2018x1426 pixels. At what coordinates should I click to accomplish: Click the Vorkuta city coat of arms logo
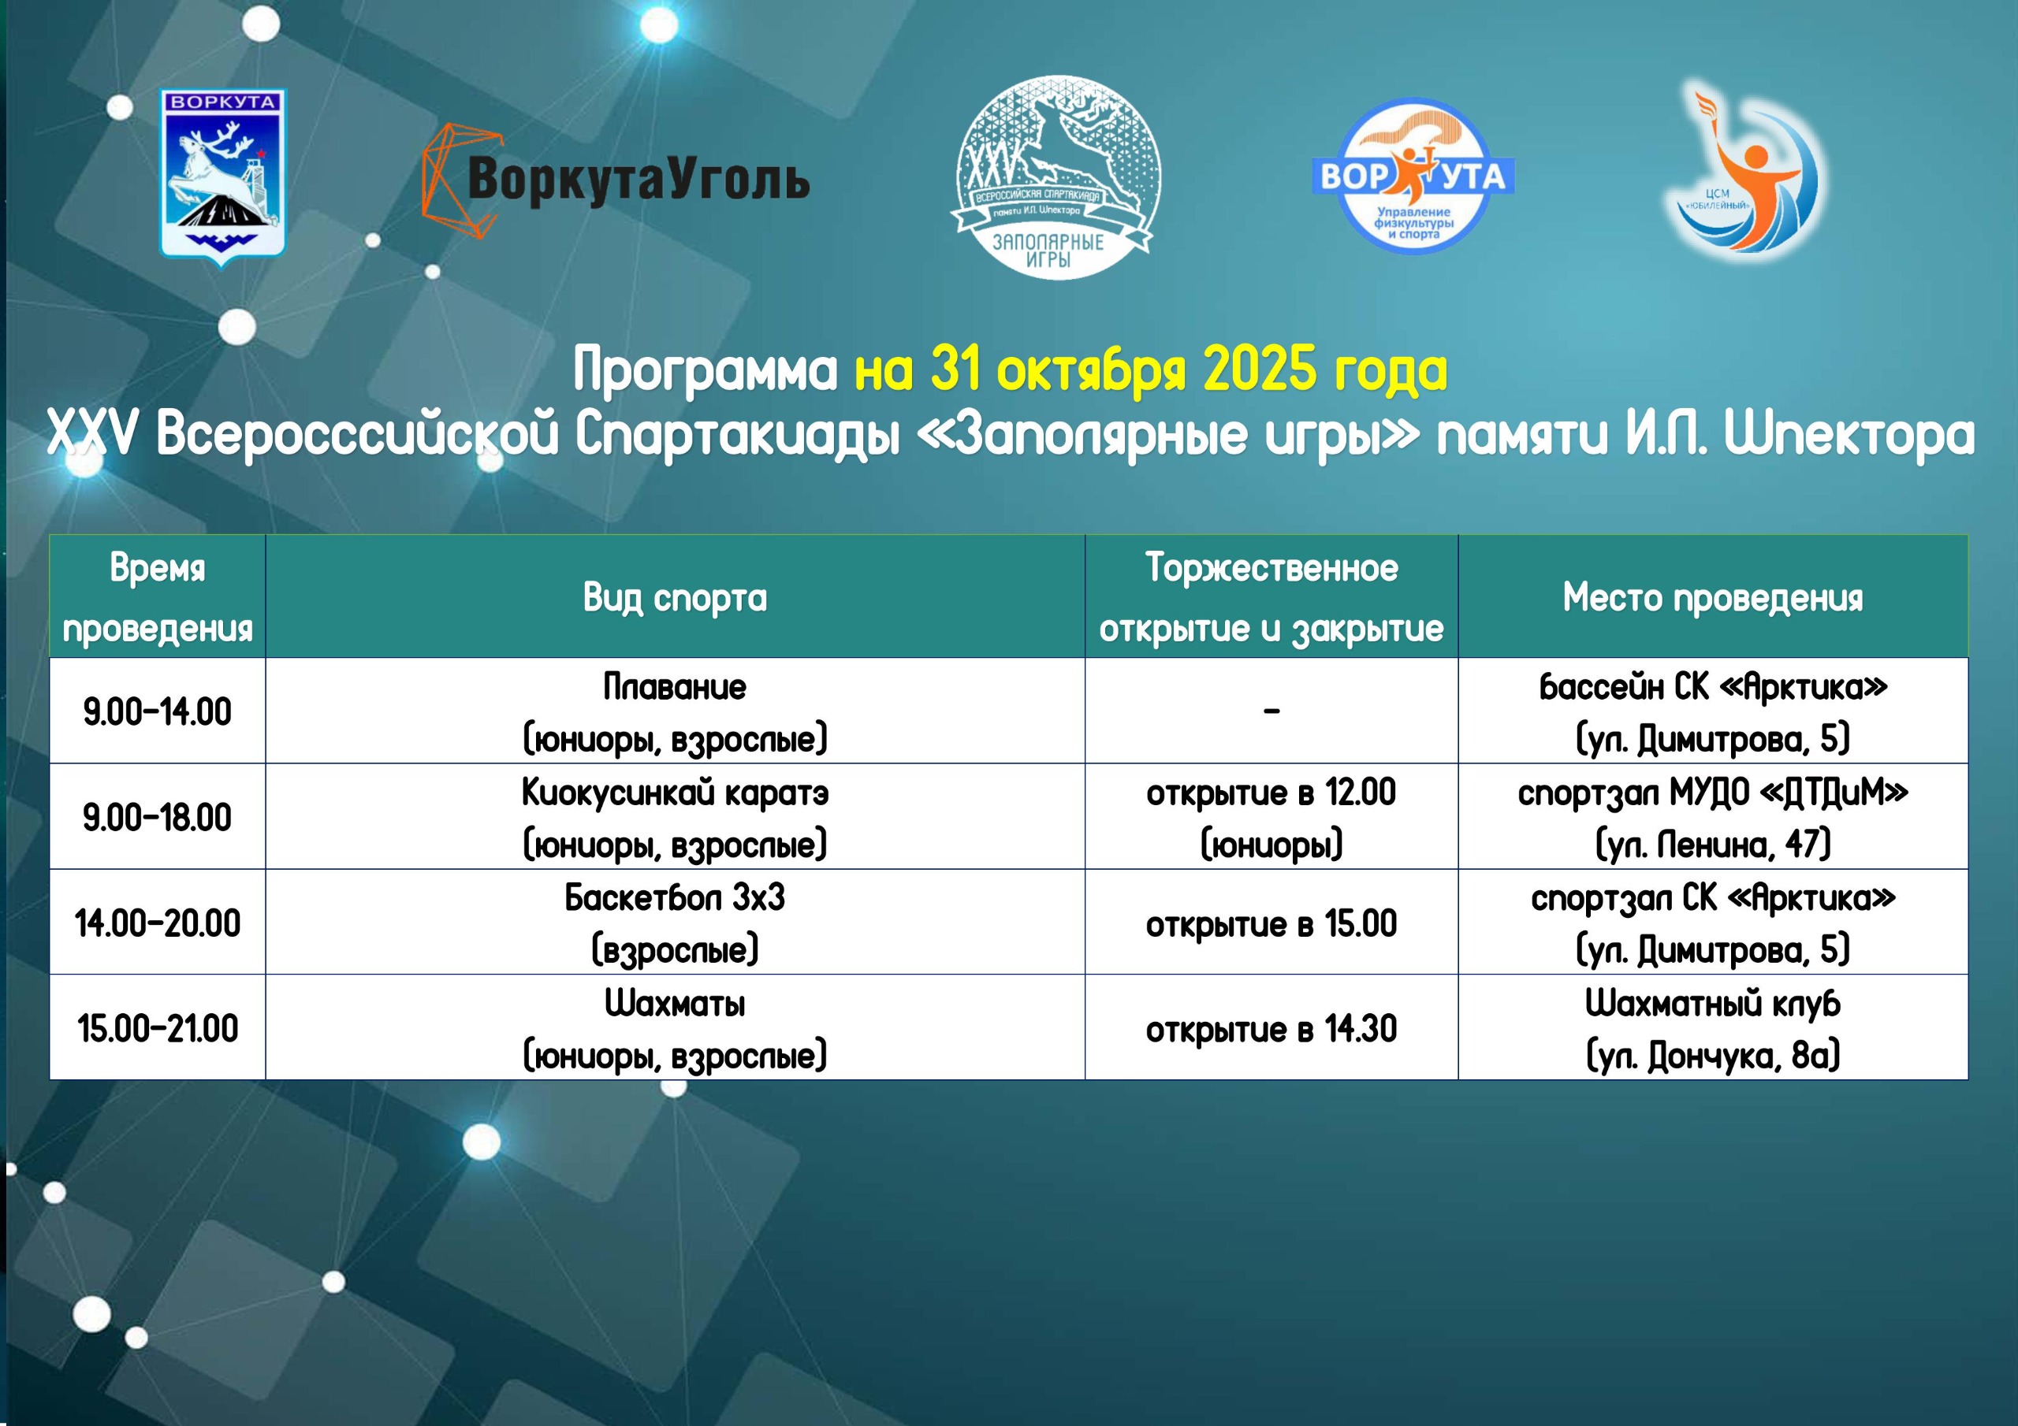pos(222,176)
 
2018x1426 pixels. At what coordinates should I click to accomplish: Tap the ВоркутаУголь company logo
pos(615,180)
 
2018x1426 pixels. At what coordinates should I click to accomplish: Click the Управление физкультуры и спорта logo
pos(1413,176)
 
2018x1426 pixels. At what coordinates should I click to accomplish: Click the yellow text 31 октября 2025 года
pos(1151,368)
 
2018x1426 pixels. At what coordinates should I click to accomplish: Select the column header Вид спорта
pos(675,597)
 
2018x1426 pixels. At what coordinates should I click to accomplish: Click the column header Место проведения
pos(1712,597)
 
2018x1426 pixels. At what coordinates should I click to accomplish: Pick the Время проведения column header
pos(158,597)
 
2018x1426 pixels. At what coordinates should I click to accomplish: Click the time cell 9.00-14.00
pos(158,711)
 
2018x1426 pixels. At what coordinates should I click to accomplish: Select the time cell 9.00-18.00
pos(158,817)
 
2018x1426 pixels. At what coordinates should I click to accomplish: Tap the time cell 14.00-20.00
pos(158,923)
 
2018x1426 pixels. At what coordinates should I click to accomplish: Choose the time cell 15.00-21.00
pos(158,1028)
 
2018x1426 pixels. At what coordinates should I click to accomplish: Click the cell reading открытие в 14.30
pos(1271,1029)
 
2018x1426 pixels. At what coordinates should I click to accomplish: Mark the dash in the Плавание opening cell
pos(1271,711)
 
